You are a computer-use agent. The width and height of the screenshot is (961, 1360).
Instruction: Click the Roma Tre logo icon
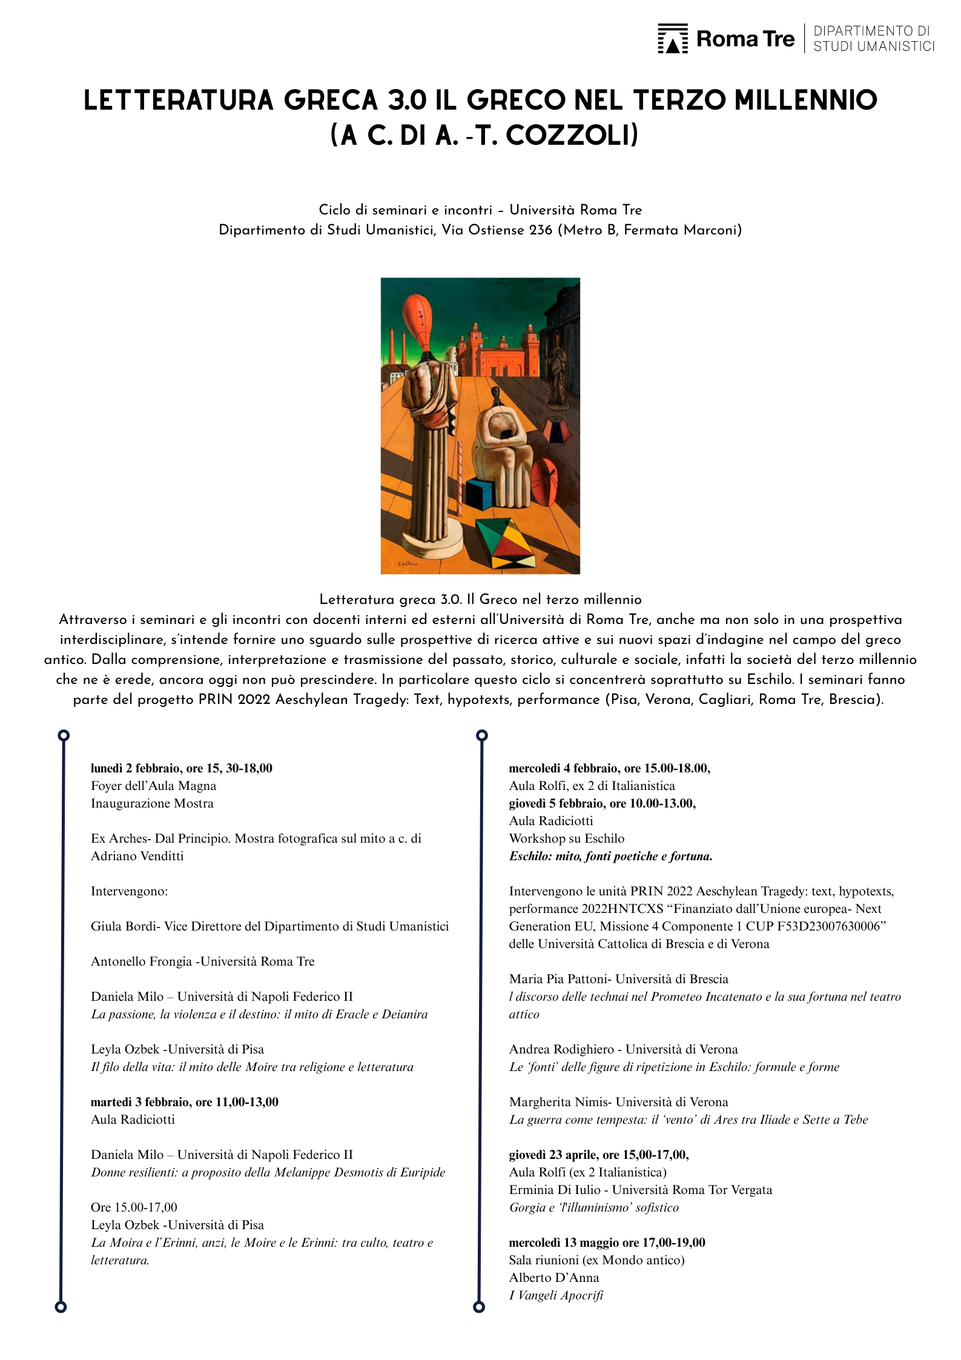pos(672,39)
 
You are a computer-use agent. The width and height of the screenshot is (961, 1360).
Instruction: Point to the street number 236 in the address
pos(541,230)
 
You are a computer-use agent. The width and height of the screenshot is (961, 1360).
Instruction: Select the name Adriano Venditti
pos(137,856)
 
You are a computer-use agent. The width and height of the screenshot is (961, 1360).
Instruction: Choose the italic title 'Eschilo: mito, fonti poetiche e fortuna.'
pos(610,856)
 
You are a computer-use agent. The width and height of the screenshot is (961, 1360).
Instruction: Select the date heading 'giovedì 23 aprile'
pos(555,1155)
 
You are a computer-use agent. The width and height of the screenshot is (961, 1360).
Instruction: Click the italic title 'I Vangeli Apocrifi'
pos(556,1295)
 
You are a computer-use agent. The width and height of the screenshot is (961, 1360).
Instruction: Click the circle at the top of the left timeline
pos(64,735)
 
